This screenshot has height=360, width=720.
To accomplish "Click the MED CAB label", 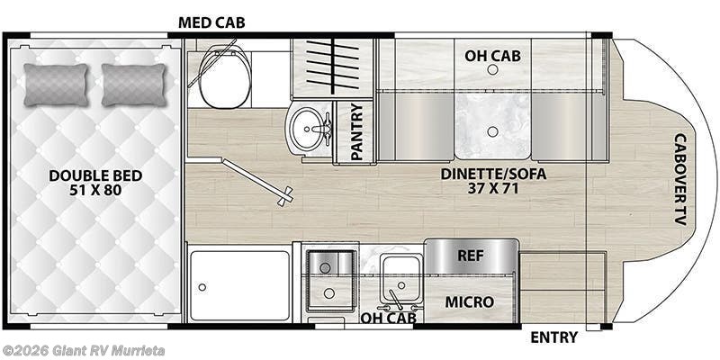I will tap(211, 21).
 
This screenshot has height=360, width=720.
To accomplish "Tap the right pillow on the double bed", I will tap(133, 85).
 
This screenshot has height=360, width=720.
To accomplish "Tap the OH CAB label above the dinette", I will tap(492, 56).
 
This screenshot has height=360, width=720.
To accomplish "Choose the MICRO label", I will tap(471, 301).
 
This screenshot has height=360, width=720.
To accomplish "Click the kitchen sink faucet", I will tap(396, 295).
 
